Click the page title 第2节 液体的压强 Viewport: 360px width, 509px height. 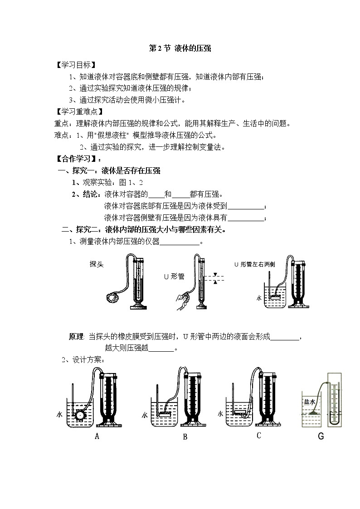180,48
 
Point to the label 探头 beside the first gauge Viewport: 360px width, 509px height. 97,264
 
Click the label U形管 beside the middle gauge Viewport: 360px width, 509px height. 174,276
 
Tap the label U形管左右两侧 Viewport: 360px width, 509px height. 254,264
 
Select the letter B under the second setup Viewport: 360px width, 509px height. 185,437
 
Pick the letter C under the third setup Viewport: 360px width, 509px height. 258,436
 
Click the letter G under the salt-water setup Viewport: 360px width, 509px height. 321,437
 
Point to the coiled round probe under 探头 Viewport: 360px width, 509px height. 111,297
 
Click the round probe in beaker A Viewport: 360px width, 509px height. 80,414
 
